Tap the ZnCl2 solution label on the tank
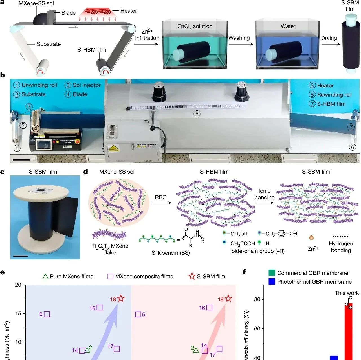[195, 26]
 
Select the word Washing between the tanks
[239, 38]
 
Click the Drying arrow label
[329, 38]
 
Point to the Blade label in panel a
[69, 13]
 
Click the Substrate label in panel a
[49, 44]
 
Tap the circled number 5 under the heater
[197, 114]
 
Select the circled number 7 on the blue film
[351, 127]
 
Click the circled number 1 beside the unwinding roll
[17, 148]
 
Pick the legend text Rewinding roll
[334, 95]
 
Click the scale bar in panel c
[20, 256]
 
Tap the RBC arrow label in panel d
[161, 197]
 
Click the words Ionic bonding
[264, 194]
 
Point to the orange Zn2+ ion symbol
[311, 238]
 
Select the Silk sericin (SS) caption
[171, 253]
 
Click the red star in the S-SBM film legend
[192, 276]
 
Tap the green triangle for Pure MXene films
[45, 277]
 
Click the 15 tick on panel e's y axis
[18, 314]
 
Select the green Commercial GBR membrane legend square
[272, 273]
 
